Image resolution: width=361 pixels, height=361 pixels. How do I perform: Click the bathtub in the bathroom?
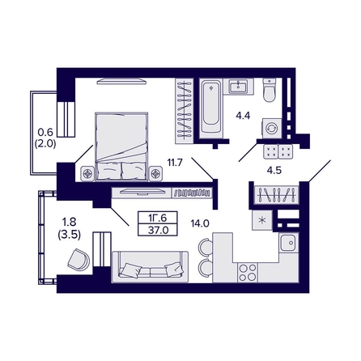pyautogui.click(x=211, y=108)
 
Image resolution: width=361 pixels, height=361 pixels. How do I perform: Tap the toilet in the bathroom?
pyautogui.click(x=270, y=90)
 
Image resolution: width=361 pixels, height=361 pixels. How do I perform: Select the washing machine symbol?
pyautogui.click(x=272, y=129)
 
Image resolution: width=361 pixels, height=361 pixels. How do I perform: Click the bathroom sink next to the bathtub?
pyautogui.click(x=239, y=87)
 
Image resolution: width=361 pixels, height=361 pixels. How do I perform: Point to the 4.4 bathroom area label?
pyautogui.click(x=243, y=116)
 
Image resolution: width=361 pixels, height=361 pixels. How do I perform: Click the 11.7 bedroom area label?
pyautogui.click(x=175, y=163)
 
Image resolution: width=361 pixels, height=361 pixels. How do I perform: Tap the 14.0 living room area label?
pyautogui.click(x=200, y=223)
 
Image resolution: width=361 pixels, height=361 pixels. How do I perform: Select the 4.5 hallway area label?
pyautogui.click(x=274, y=171)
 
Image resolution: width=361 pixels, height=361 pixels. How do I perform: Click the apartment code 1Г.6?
pyautogui.click(x=158, y=218)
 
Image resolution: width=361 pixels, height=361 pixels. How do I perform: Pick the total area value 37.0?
pyautogui.click(x=158, y=230)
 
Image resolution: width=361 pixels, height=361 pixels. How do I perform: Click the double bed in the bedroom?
pyautogui.click(x=121, y=147)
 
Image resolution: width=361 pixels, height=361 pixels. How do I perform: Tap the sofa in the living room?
pyautogui.click(x=150, y=267)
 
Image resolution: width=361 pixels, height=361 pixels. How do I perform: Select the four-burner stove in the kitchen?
pyautogui.click(x=248, y=273)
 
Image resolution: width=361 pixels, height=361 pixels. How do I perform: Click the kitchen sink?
pyautogui.click(x=289, y=243)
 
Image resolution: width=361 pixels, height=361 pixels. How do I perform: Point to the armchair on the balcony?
pyautogui.click(x=79, y=260)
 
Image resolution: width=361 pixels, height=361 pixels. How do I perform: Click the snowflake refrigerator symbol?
pyautogui.click(x=261, y=220)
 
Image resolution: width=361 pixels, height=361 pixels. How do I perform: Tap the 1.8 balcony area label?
pyautogui.click(x=70, y=222)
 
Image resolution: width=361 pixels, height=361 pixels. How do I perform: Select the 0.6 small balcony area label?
pyautogui.click(x=45, y=132)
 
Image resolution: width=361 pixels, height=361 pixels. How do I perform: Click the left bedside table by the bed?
pyautogui.click(x=87, y=173)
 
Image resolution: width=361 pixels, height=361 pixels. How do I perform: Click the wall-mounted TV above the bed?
pyautogui.click(x=121, y=81)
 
